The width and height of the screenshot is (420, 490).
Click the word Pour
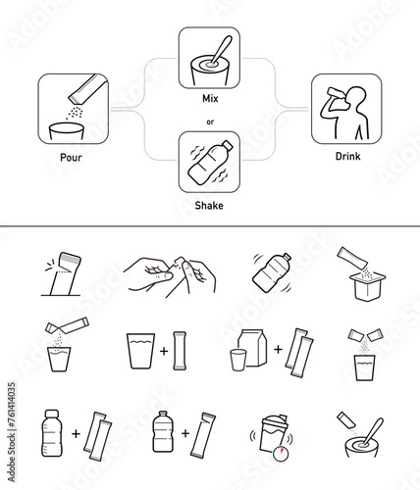pos(71,158)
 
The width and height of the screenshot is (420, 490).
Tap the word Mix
pos(210,98)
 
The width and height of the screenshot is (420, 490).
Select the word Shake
pos(209,206)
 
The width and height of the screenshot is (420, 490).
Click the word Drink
pos(347,156)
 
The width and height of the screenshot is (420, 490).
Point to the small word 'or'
pos(210,122)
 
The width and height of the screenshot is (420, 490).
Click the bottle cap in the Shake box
pos(228,145)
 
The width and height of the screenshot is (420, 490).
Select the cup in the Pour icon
pos(67,131)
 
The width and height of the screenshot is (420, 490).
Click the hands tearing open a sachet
pos(169,276)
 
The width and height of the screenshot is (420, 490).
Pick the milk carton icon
pos(252,348)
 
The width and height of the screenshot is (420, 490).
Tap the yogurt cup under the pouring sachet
pos(368,285)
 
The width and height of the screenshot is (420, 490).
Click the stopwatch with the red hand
pos(281,453)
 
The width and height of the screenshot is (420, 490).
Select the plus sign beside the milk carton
pos(278,350)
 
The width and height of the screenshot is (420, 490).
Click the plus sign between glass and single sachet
pos(164,351)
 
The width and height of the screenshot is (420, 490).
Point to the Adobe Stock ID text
pos(12,432)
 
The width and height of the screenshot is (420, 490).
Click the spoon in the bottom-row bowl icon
pos(372,432)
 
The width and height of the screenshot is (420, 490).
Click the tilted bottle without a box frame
pos(272,272)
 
